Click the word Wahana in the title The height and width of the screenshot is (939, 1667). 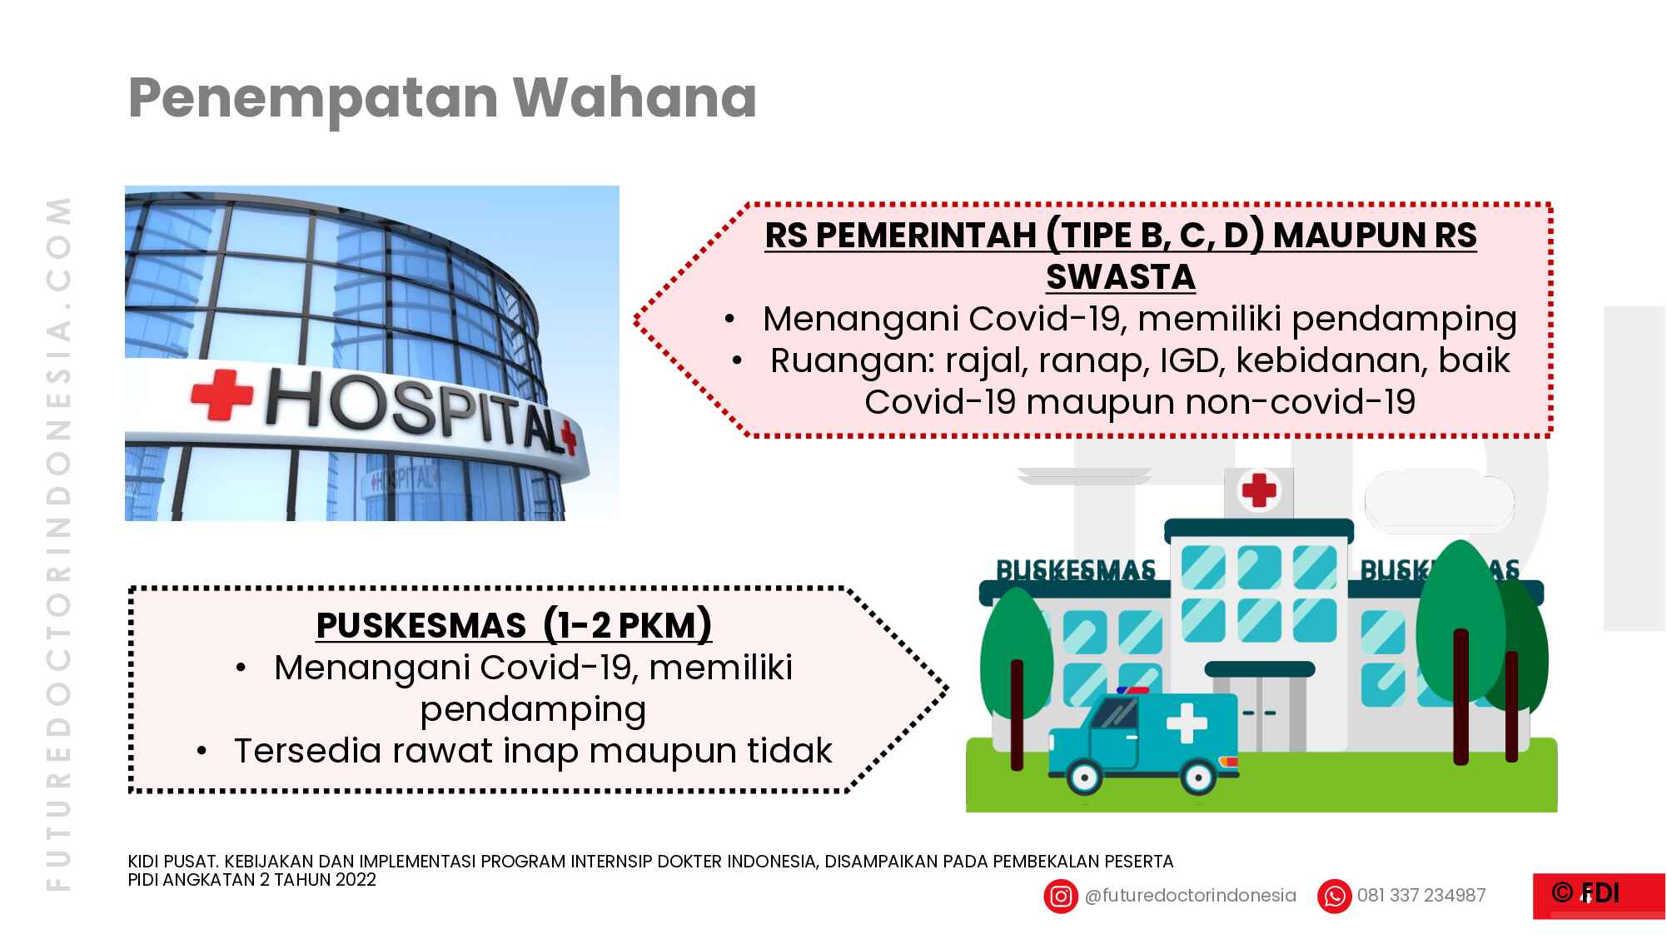[634, 97]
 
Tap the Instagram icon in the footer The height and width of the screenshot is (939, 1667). [1060, 897]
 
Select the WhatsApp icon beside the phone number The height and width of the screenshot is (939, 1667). [1334, 897]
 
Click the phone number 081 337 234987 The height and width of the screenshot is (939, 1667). [1421, 896]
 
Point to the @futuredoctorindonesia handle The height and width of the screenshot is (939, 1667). [1190, 896]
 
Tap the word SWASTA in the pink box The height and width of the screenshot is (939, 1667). [1120, 277]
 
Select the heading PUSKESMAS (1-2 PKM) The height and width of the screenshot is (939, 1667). [514, 625]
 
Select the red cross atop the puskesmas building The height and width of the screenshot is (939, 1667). [1258, 489]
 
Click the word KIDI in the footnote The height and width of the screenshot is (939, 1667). [143, 862]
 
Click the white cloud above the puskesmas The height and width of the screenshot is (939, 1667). [1438, 501]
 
